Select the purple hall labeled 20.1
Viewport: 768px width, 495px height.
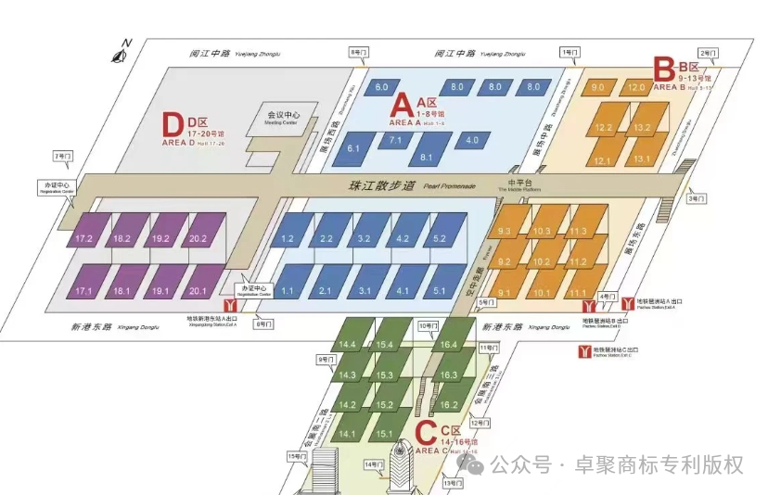pyautogui.click(x=196, y=291)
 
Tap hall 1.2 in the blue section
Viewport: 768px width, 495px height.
pyautogui.click(x=288, y=239)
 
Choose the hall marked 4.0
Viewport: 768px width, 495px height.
pyautogui.click(x=472, y=140)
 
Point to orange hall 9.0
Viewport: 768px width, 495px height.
pyautogui.click(x=598, y=87)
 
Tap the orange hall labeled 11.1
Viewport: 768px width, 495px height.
pyautogui.click(x=579, y=293)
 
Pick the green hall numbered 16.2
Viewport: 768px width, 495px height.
pyautogui.click(x=449, y=405)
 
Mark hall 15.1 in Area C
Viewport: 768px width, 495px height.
pyautogui.click(x=385, y=434)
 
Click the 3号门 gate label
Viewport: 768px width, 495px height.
pyautogui.click(x=696, y=198)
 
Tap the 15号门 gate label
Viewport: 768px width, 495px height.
pyautogui.click(x=297, y=456)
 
